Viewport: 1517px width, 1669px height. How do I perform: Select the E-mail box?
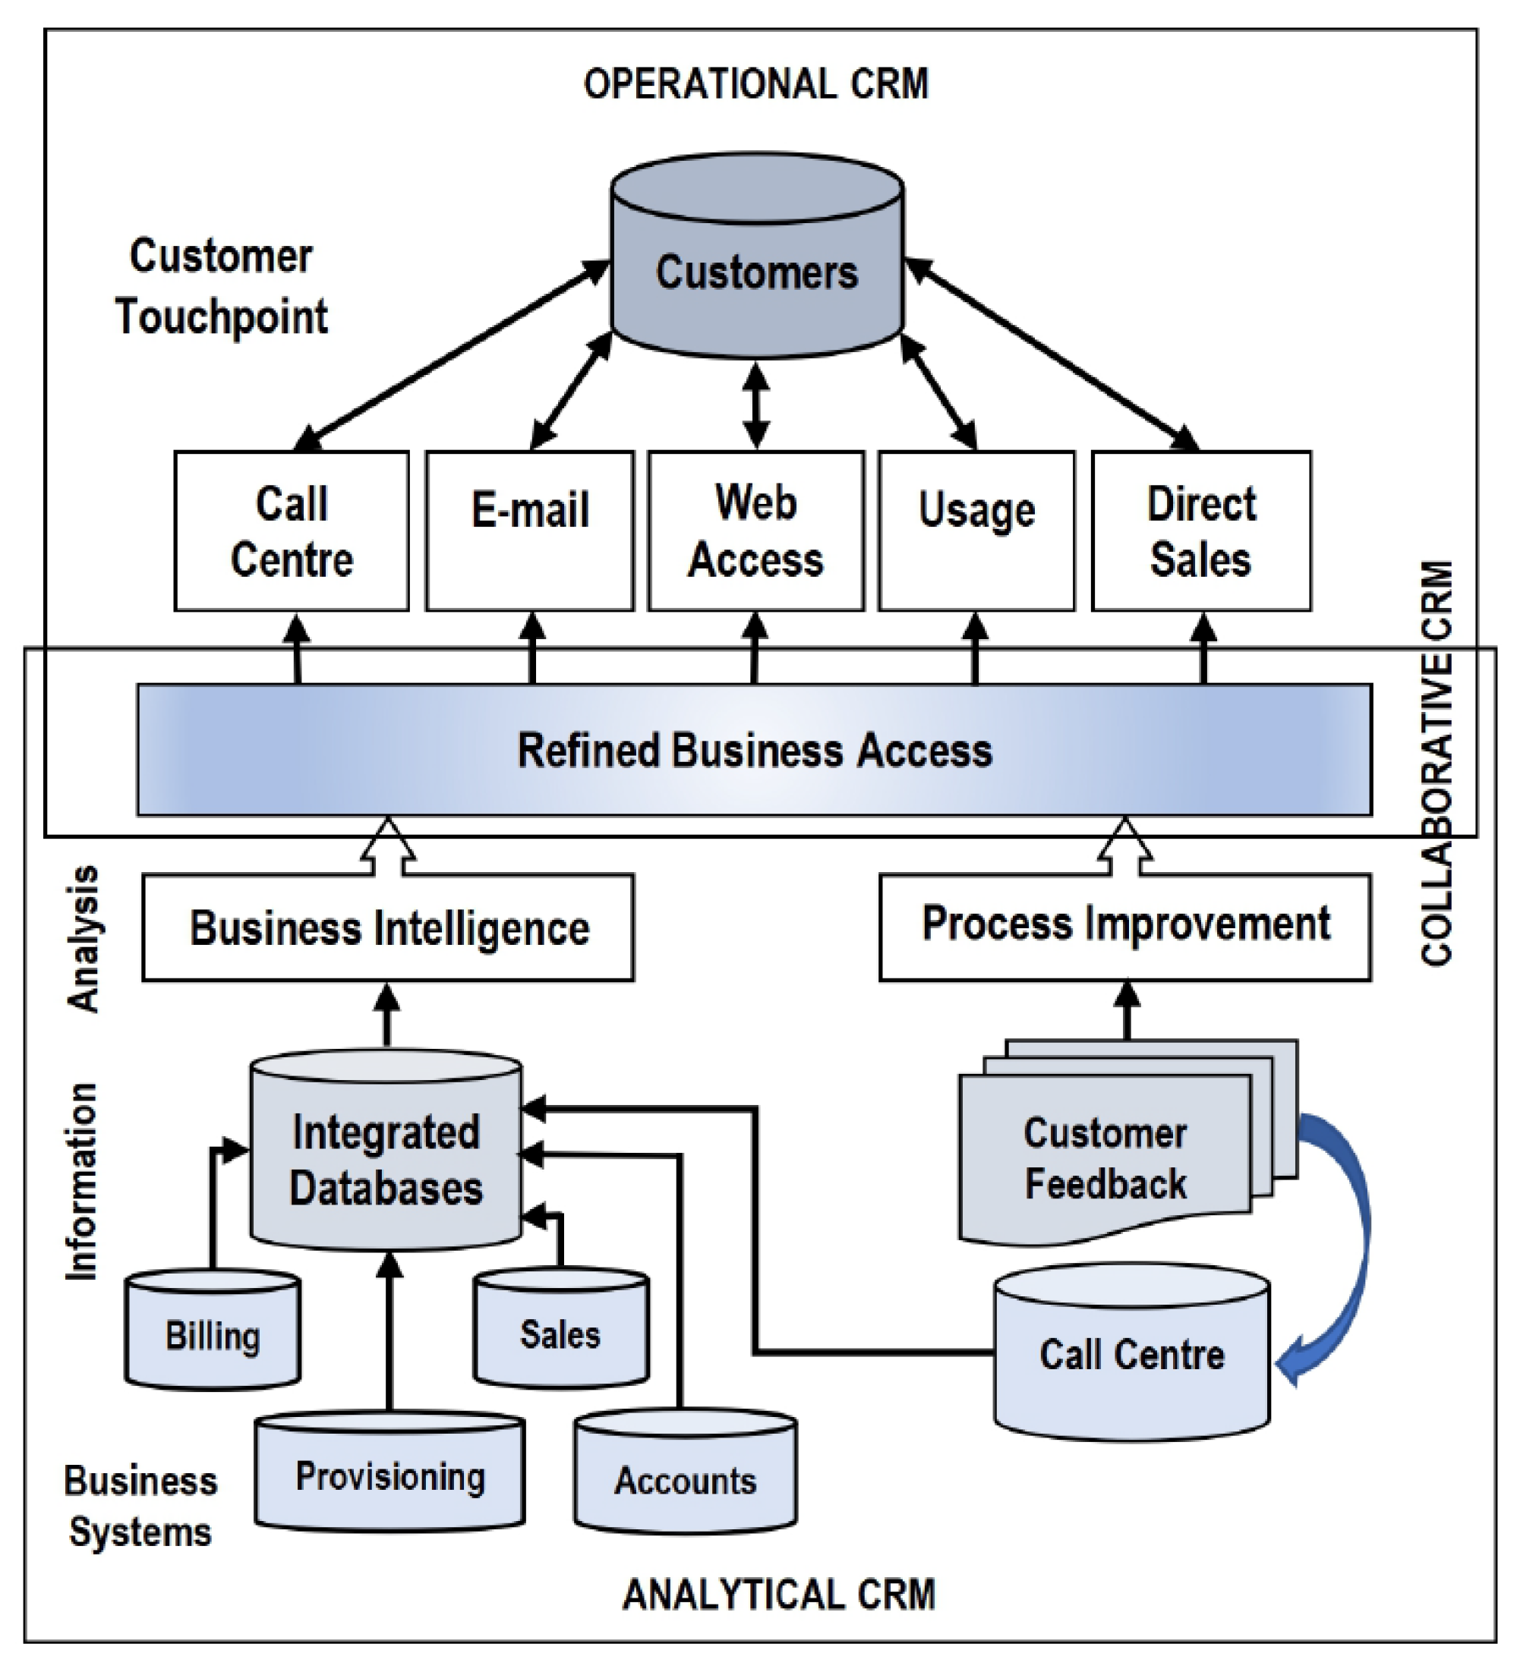[x=530, y=531]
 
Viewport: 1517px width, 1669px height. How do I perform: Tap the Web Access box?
[x=755, y=531]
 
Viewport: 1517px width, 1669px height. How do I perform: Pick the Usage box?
[x=976, y=531]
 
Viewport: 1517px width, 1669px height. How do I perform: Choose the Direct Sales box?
[x=1200, y=531]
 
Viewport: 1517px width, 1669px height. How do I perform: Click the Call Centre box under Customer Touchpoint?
[x=292, y=531]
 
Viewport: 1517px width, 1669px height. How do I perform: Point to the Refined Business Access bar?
[x=753, y=749]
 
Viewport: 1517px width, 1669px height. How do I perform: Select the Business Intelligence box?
[x=388, y=927]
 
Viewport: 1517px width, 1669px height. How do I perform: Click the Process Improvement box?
[x=1124, y=925]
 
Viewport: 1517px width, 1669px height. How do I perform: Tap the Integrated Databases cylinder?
[x=386, y=1159]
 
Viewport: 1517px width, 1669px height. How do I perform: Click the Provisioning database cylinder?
[x=390, y=1475]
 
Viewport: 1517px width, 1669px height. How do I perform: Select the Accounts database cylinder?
[x=686, y=1478]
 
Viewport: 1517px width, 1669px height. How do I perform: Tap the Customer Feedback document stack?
[x=1105, y=1159]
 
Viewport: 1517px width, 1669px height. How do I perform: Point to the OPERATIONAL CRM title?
[x=756, y=83]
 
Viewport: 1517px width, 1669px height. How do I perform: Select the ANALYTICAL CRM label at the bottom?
[x=778, y=1594]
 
